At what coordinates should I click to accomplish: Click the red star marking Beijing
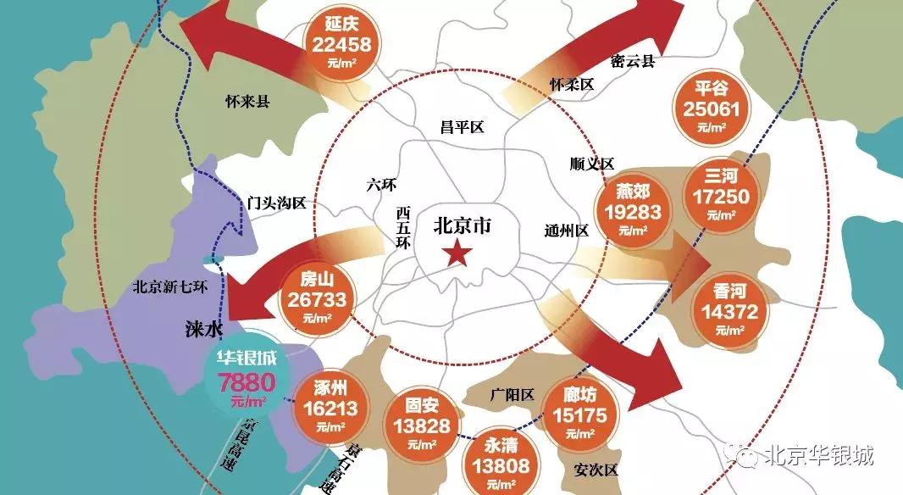click(x=458, y=252)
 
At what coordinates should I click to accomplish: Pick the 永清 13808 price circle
click(x=496, y=461)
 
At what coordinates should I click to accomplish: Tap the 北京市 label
click(x=462, y=226)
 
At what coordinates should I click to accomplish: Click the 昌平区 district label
click(x=461, y=128)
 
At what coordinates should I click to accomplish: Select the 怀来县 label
click(x=247, y=102)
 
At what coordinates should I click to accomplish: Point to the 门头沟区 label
click(x=277, y=203)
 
